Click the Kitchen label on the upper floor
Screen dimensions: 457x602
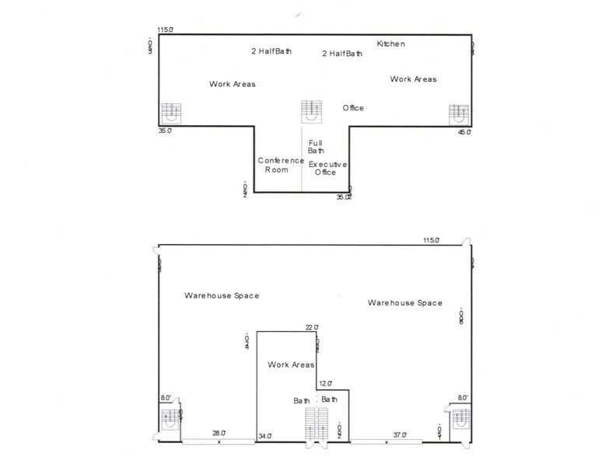[390, 44]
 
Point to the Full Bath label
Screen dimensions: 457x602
[316, 146]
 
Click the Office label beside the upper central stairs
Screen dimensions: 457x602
[353, 108]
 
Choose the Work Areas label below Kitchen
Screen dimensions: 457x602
[413, 79]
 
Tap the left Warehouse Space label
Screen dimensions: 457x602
[222, 296]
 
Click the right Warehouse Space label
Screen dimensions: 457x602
[405, 303]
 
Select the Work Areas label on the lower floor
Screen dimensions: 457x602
[291, 365]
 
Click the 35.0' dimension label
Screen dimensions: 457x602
[165, 131]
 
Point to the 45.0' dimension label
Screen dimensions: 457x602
[464, 132]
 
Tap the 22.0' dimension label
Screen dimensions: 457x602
[311, 327]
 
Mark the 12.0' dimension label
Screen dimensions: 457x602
[325, 383]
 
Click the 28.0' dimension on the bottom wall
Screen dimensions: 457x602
[219, 433]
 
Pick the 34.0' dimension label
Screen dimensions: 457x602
[265, 436]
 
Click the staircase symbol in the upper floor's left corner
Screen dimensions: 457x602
[171, 113]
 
